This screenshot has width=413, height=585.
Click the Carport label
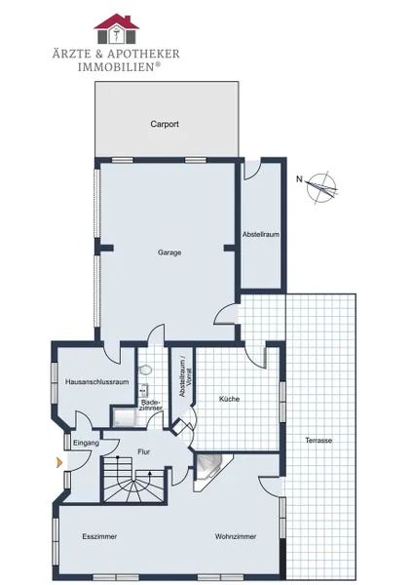click(165, 124)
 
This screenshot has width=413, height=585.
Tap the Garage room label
click(169, 253)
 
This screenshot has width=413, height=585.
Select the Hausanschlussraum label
click(96, 381)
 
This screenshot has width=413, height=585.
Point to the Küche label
click(229, 399)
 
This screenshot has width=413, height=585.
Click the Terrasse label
click(319, 441)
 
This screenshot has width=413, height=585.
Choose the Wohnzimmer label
click(236, 536)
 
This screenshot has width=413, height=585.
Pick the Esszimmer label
click(99, 536)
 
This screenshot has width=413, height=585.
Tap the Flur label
click(144, 451)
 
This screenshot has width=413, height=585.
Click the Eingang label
click(86, 443)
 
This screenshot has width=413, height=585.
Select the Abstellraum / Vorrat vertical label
click(185, 377)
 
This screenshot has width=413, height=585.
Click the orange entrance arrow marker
click(58, 462)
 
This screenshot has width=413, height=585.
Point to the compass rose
click(321, 187)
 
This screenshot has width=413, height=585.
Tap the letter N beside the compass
click(299, 179)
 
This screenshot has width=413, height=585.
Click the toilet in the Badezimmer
click(145, 370)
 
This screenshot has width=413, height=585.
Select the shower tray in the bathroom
click(124, 417)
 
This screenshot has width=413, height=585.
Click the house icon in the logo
click(117, 28)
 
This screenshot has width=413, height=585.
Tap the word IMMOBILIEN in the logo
click(116, 67)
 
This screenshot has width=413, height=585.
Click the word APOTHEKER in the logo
click(143, 54)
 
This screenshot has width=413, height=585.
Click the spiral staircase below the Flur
click(133, 480)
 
